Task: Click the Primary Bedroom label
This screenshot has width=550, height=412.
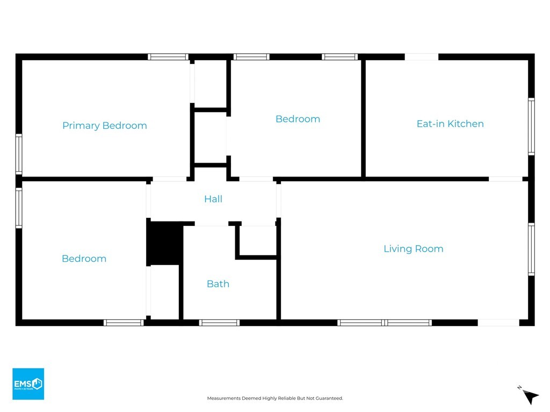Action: point(105,126)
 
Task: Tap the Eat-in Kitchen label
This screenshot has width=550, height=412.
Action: point(450,124)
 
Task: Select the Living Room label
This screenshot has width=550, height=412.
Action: point(413,249)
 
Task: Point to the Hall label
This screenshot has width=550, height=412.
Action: point(213,199)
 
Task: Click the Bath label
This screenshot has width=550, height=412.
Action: point(218,284)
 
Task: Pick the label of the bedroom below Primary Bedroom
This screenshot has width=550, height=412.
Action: point(84,259)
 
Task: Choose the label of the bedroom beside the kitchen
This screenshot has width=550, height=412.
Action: point(298,119)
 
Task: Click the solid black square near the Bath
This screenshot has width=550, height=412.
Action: point(165,244)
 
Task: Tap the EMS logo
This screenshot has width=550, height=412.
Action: point(28,384)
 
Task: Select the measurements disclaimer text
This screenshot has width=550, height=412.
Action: point(275,398)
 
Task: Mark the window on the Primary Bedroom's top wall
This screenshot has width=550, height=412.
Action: point(168,56)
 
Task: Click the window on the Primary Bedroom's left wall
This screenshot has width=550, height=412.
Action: point(19,154)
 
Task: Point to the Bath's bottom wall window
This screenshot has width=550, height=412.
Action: point(219,322)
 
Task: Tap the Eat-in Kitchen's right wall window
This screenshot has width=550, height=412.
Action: point(531,127)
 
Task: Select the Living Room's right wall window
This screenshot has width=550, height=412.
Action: point(531,249)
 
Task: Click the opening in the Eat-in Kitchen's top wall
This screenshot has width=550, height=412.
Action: point(422,56)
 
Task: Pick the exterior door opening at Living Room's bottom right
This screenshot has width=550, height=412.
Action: point(498,322)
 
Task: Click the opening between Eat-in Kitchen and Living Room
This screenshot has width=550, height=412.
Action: point(505,179)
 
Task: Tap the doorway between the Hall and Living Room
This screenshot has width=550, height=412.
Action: point(279,200)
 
